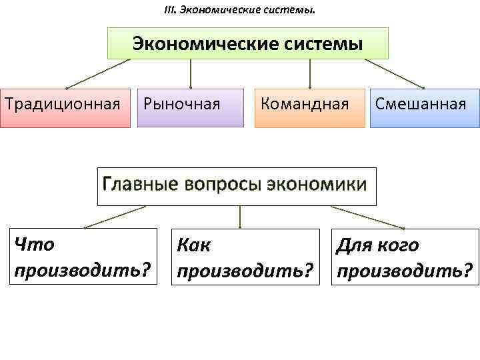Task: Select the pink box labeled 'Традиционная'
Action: coord(65,107)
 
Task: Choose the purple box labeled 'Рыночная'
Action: coord(190,107)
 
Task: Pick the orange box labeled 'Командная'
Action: coord(309,107)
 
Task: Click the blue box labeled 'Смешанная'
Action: coord(424,107)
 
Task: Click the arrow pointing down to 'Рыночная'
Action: coord(191,73)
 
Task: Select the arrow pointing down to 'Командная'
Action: coord(310,73)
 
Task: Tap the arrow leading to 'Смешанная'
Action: coord(395,73)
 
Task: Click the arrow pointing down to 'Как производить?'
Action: coord(240,217)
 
